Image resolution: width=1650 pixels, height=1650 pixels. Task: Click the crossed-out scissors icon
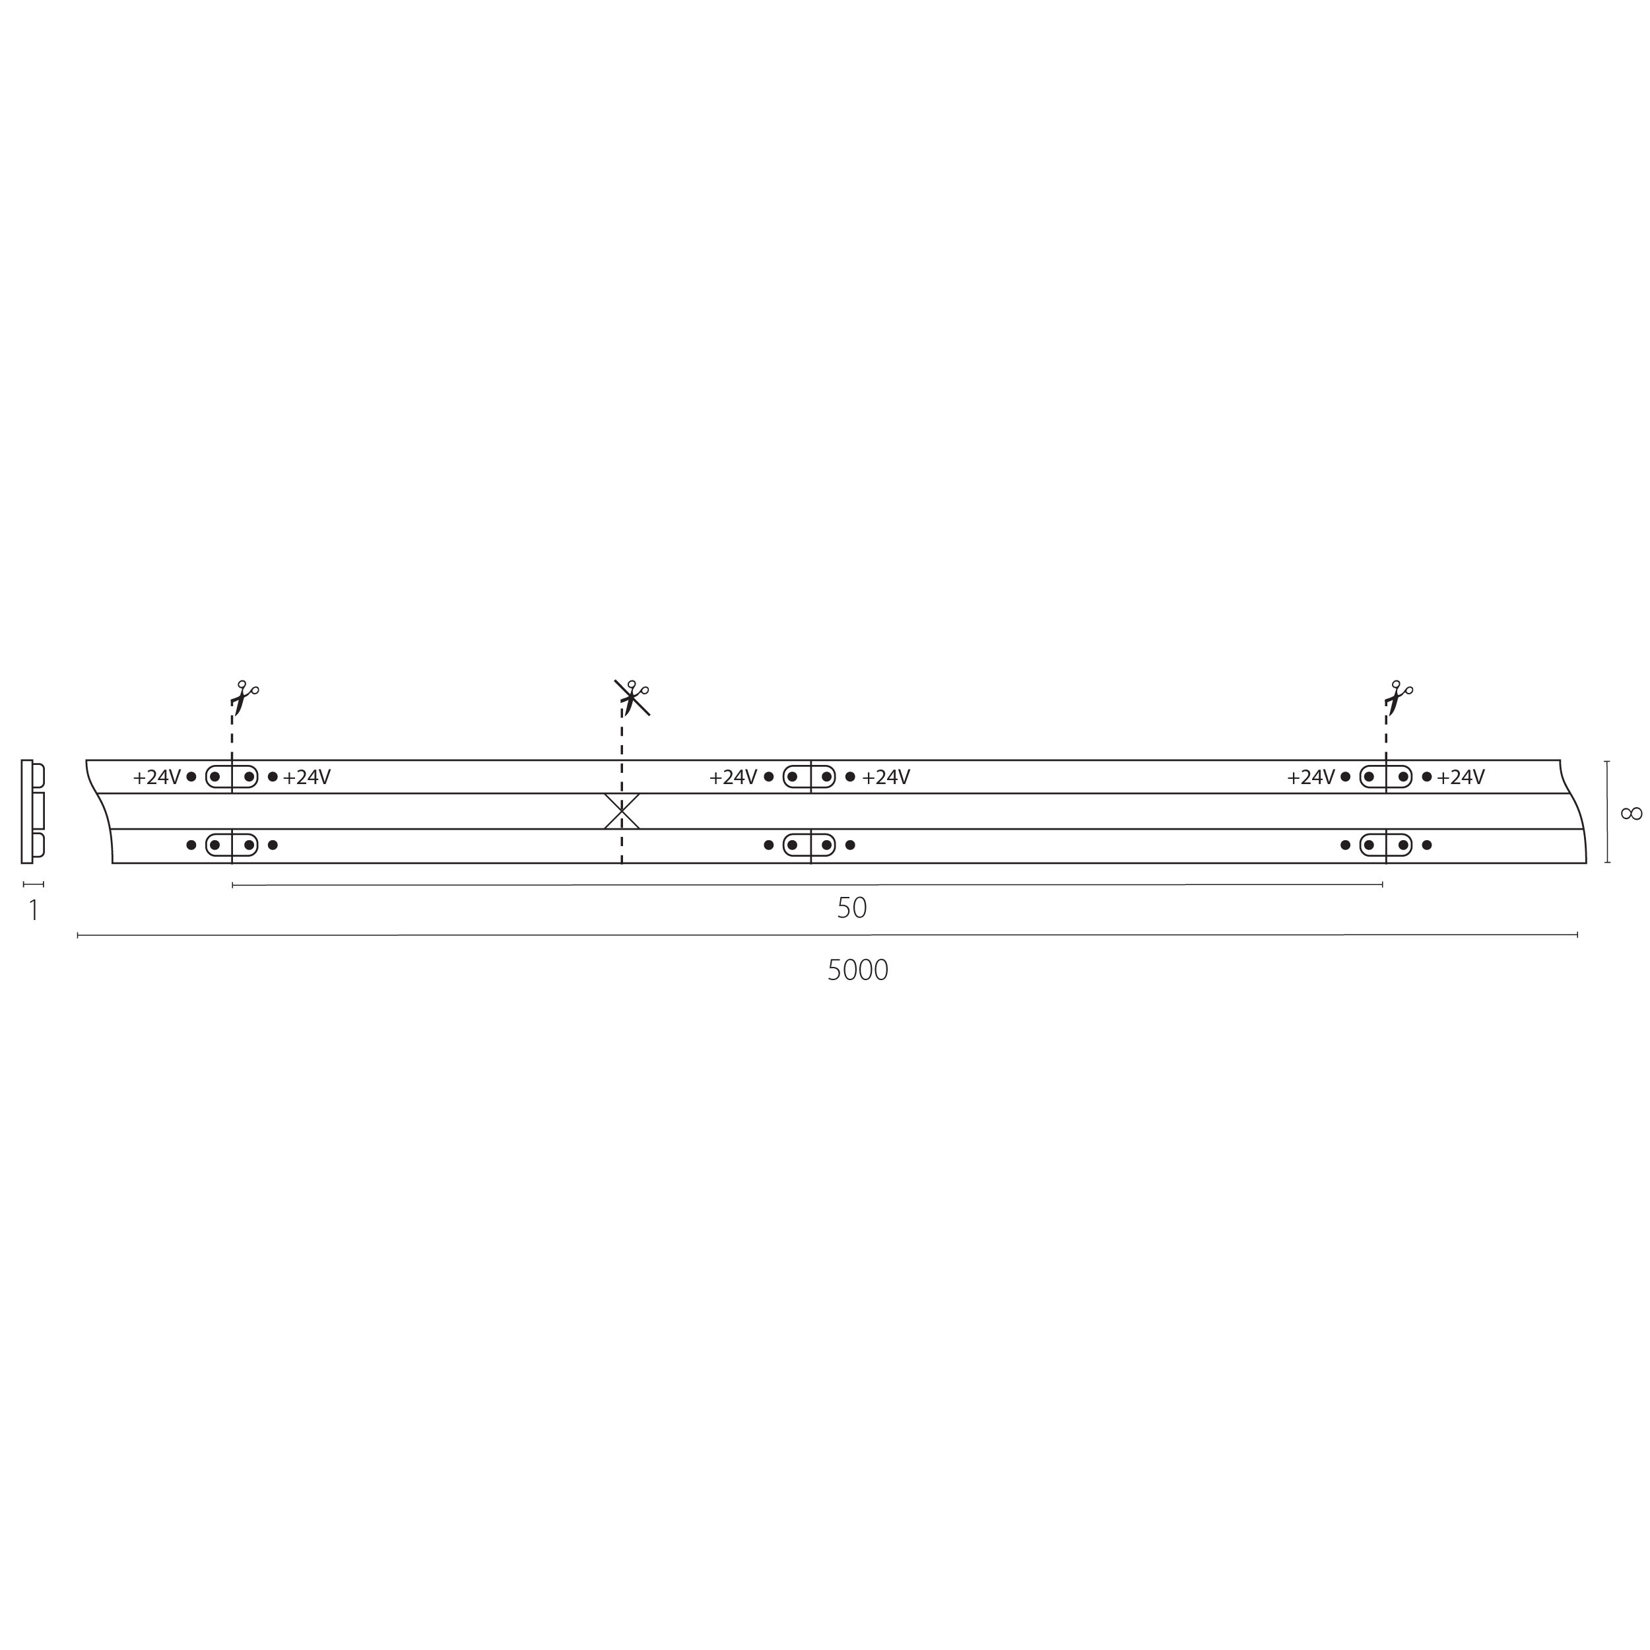tap(632, 698)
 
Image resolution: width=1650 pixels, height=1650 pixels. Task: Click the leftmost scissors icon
tap(244, 698)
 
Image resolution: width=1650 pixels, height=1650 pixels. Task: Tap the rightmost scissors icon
tap(1398, 698)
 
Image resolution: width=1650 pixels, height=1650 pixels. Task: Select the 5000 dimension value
tap(857, 970)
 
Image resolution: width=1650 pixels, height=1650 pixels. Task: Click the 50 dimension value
tap(851, 908)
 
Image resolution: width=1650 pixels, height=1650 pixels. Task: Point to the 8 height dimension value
tap(1630, 813)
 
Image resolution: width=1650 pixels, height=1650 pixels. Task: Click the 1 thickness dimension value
tap(33, 910)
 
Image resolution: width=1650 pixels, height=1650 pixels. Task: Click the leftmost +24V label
tap(157, 777)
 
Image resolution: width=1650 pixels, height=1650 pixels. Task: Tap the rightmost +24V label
tap(1461, 777)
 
